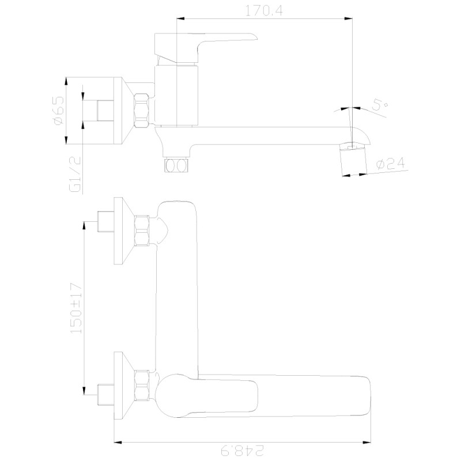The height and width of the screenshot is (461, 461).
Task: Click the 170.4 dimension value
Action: click(x=264, y=11)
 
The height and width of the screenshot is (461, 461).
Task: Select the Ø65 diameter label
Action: click(x=58, y=110)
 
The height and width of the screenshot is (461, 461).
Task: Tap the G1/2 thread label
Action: click(x=75, y=175)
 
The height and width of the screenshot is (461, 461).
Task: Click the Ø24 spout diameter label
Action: click(x=391, y=164)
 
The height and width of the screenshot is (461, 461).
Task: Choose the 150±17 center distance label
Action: click(x=75, y=308)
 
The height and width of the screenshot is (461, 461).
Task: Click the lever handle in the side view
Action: click(x=206, y=48)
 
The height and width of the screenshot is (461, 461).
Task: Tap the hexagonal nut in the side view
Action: click(x=142, y=111)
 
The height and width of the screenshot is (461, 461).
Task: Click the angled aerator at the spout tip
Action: click(x=353, y=159)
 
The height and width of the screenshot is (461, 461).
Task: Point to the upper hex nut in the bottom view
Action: click(x=142, y=231)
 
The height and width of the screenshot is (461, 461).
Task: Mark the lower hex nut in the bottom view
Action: click(x=142, y=386)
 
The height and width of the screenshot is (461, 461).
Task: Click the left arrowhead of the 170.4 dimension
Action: click(x=180, y=19)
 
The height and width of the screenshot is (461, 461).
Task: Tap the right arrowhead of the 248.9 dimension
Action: click(x=366, y=441)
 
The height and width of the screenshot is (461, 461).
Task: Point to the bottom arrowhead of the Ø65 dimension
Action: click(x=66, y=140)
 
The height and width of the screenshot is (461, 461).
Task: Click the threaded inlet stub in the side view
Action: click(x=105, y=111)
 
